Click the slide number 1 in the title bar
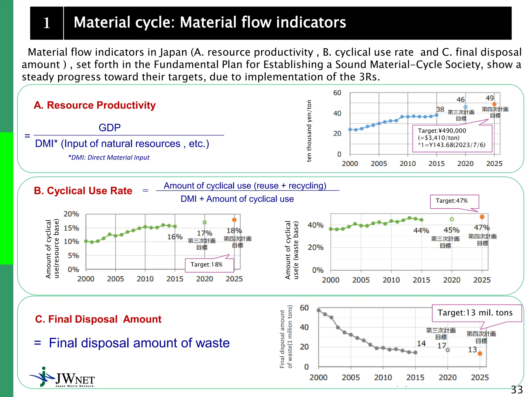point(46,23)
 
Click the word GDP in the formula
point(110,128)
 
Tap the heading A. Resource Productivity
point(95,105)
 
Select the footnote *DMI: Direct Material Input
point(109,157)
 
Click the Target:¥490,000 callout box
point(452,138)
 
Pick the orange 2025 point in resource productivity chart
point(494,104)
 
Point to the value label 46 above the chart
point(460,100)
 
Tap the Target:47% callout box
point(454,201)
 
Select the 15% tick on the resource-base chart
point(71,228)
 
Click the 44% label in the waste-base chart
point(421,230)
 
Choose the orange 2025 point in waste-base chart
point(482,217)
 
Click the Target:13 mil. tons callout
point(477,313)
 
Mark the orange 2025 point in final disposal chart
point(480,353)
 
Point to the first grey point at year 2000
point(319,310)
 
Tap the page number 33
point(517,390)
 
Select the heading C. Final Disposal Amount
point(98,319)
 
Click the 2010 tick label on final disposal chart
point(383,377)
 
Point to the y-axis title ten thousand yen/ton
point(309,131)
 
